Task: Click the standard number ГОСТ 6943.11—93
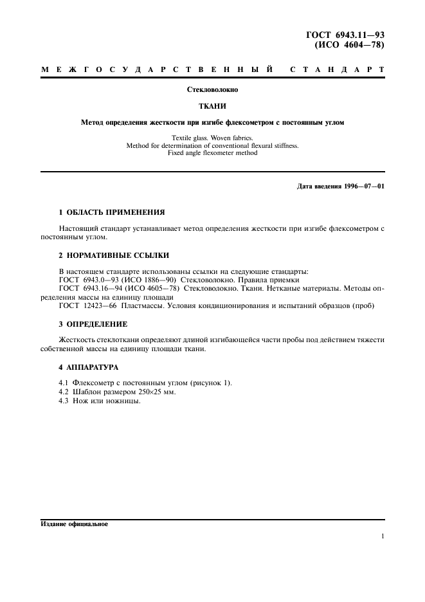(348, 35)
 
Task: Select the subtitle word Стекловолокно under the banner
(212, 90)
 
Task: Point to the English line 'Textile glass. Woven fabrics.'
(212, 138)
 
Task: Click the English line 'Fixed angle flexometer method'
(212, 153)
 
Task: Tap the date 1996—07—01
(364, 187)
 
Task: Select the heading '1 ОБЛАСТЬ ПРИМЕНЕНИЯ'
(112, 212)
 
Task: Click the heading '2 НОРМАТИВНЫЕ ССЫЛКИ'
(109, 255)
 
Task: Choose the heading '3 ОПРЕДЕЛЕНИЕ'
(93, 324)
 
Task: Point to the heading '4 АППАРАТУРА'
(89, 367)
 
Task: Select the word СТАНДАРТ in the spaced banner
(338, 69)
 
